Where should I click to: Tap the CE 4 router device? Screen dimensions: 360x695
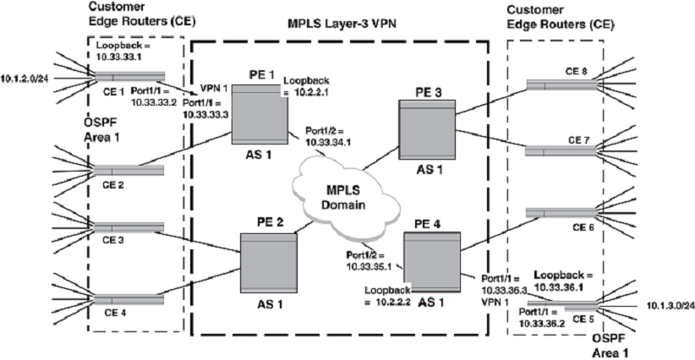coord(127,299)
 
